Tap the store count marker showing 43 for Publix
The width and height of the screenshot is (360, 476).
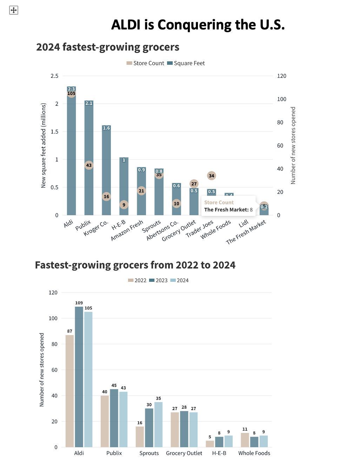[x=89, y=165]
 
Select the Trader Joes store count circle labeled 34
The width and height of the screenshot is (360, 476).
[x=211, y=176]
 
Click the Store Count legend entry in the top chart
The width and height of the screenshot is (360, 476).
[x=145, y=63]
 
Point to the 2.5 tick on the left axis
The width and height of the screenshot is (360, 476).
[x=54, y=76]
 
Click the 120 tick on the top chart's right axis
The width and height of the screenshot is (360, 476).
[x=281, y=76]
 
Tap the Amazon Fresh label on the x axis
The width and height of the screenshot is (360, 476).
[x=127, y=230]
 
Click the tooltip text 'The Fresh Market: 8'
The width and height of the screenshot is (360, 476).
[x=228, y=210]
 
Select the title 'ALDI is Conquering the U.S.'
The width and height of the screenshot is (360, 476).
[x=198, y=25]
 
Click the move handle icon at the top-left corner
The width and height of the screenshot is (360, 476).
[x=13, y=10]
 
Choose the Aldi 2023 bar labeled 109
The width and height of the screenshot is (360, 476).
[x=79, y=377]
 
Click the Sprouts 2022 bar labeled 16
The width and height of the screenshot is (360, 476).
[x=140, y=436]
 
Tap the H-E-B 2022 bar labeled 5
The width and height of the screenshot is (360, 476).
[x=210, y=444]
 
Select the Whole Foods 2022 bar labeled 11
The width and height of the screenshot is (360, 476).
[x=245, y=440]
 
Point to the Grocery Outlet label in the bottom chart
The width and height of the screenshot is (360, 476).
[x=184, y=453]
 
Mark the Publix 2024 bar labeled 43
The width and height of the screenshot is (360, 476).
[x=123, y=419]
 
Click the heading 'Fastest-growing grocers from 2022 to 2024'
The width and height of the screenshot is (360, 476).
[x=135, y=265]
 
